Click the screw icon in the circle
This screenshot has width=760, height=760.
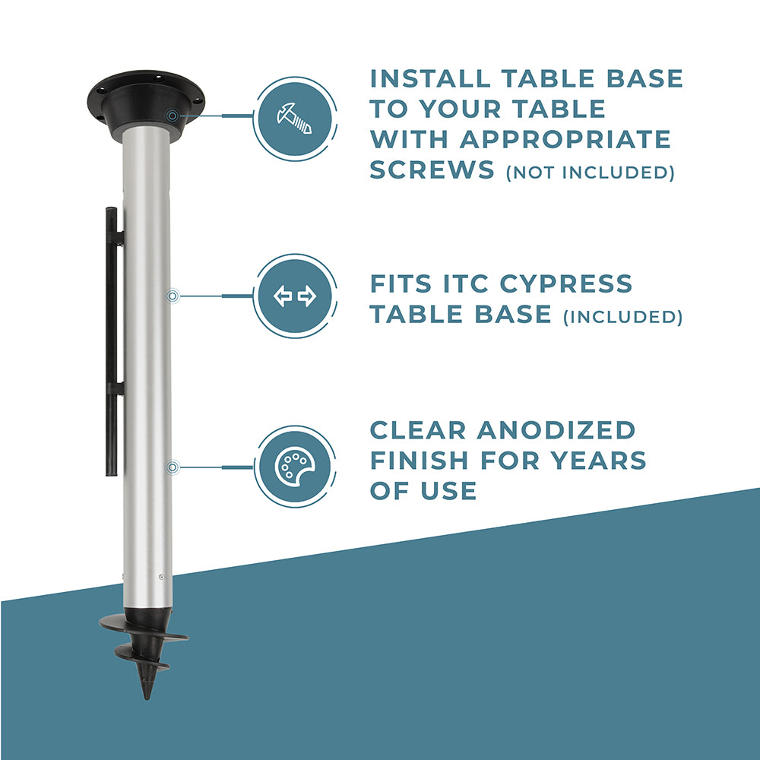click(x=294, y=119)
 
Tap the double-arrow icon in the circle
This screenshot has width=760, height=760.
click(x=295, y=296)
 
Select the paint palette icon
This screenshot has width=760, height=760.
click(x=295, y=467)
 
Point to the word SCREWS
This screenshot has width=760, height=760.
click(x=432, y=169)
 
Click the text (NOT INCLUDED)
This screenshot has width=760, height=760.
click(x=591, y=173)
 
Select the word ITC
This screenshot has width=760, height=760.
click(x=465, y=284)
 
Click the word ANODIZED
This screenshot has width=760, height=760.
click(x=556, y=430)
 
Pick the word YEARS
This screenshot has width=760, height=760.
click(x=598, y=461)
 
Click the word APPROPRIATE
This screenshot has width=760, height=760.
click(x=565, y=140)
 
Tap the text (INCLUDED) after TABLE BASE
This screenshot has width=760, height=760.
click(x=623, y=317)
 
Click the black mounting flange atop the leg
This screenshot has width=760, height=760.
click(x=145, y=104)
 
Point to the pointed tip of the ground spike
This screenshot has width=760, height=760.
click(x=147, y=699)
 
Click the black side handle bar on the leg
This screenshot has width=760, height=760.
click(x=112, y=341)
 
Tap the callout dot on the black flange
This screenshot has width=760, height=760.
click(x=172, y=116)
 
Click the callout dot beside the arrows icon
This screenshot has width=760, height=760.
click(x=173, y=296)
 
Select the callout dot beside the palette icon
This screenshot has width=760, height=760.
click(x=173, y=467)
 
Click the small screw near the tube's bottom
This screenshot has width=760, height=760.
click(x=161, y=577)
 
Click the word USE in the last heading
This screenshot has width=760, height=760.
click(x=449, y=491)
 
